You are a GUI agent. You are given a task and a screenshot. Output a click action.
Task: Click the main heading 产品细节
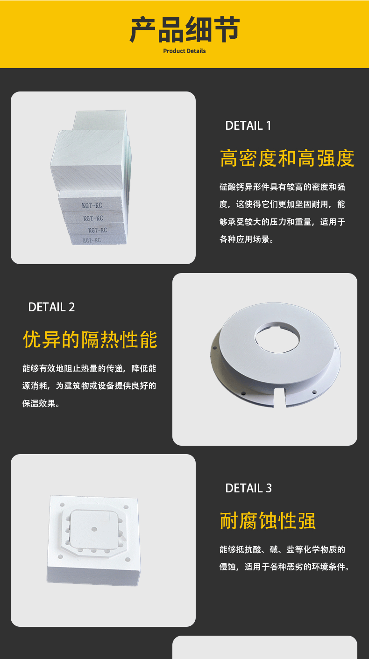184,29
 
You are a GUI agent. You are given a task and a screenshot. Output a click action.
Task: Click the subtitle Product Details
184,51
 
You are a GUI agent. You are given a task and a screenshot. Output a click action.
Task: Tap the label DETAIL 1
248,126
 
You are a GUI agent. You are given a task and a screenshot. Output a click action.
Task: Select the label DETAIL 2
51,307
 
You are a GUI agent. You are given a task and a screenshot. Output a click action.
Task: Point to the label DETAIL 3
248,488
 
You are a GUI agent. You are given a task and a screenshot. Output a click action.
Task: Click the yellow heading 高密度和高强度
287,158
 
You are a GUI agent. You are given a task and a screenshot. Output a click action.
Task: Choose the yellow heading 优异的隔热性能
90,339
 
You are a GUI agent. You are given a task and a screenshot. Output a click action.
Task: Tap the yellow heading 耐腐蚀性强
268,521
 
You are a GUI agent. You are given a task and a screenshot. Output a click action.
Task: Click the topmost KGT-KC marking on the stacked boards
92,205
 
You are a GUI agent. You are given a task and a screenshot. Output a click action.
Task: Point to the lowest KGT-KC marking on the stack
92,240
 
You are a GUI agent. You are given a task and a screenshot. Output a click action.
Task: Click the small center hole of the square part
94,529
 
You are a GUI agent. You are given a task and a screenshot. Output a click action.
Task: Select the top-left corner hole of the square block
62,505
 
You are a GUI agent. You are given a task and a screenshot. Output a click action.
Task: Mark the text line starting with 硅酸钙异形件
282,187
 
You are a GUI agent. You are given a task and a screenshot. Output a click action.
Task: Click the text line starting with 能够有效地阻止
89,368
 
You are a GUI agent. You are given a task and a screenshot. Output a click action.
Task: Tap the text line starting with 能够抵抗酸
282,549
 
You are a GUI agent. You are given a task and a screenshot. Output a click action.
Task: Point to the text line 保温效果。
41,403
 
